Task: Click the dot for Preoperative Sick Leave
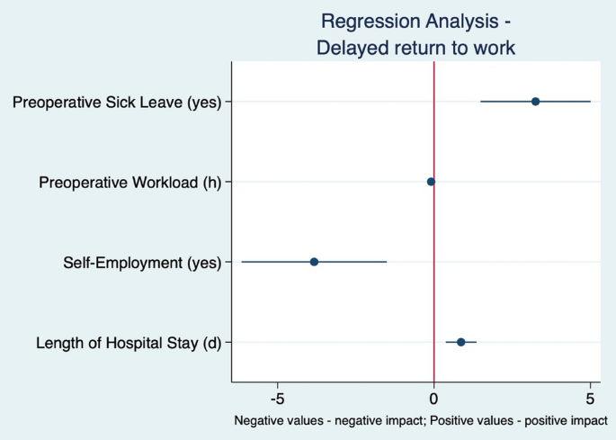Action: [x=535, y=101]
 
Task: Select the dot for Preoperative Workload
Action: [x=431, y=182]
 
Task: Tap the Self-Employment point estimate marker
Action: [x=314, y=262]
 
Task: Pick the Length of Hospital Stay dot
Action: [x=461, y=342]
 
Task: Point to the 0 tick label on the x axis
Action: [x=434, y=398]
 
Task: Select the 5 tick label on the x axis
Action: [x=590, y=398]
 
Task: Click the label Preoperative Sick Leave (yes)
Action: [x=117, y=102]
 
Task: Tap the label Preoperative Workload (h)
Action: [x=130, y=183]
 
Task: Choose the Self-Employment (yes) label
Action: [x=142, y=263]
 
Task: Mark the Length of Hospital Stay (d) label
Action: [x=129, y=343]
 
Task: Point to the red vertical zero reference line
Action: [x=434, y=225]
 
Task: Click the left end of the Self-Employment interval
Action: [x=241, y=262]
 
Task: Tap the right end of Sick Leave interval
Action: [x=590, y=101]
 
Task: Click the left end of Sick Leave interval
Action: [x=481, y=101]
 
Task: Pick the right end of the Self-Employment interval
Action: [x=387, y=262]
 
